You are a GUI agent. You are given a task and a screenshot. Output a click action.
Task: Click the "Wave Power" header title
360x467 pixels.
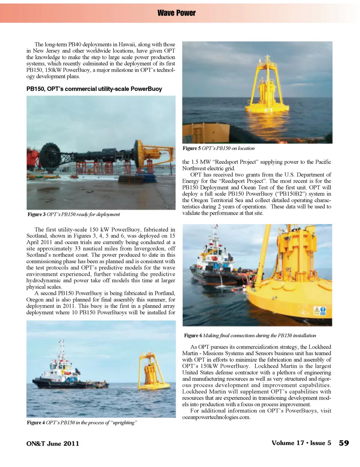tap(176, 13)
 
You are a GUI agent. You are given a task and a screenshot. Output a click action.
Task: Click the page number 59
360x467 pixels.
tap(343, 443)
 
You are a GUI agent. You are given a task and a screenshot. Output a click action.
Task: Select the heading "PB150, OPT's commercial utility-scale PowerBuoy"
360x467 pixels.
tap(94, 89)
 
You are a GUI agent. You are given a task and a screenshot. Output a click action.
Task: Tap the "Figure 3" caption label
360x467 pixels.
tap(36, 214)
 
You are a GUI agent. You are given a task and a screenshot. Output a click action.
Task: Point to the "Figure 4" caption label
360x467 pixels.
tap(36, 422)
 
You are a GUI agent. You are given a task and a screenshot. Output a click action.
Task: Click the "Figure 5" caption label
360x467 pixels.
tap(192, 148)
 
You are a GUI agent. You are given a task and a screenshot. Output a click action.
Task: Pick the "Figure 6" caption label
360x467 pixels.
tap(193, 335)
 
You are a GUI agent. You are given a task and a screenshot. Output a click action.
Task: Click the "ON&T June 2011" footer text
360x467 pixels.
tap(52, 443)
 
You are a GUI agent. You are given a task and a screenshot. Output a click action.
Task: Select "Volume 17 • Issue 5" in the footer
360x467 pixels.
tap(301, 443)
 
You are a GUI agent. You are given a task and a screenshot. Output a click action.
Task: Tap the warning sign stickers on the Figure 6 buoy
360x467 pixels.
tap(319, 311)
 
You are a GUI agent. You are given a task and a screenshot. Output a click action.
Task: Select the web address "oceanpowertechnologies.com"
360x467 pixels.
tap(216, 417)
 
